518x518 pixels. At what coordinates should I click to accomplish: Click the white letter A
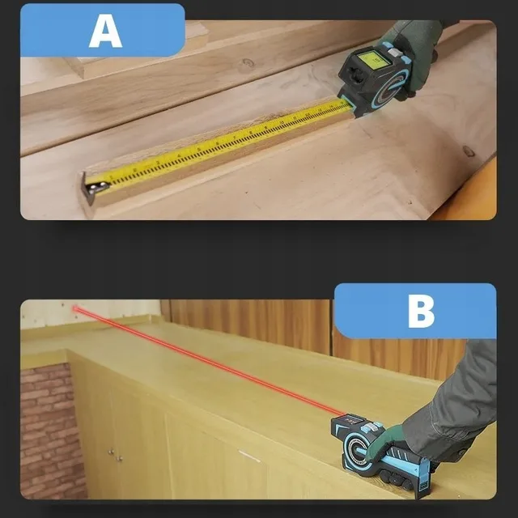coord(105,32)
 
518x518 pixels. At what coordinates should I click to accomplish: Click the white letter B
coord(421,312)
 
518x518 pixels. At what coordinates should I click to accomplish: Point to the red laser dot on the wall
coord(75,308)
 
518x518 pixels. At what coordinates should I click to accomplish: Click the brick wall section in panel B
coord(49,431)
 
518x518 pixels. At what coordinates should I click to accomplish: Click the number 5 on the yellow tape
coord(198,150)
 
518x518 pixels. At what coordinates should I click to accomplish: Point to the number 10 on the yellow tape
coord(282,122)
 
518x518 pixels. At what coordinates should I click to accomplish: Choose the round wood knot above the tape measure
coord(247,63)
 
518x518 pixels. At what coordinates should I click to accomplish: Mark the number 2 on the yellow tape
coord(135,170)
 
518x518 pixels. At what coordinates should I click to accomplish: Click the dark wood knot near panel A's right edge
coord(469,151)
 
